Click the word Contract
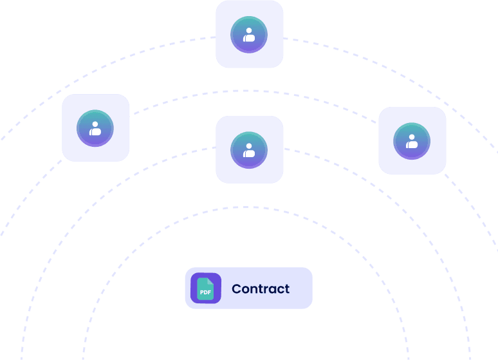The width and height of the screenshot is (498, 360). [261, 289]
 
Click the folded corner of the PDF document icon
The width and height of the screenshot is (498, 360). [211, 281]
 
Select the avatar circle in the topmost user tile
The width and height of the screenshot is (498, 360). [249, 34]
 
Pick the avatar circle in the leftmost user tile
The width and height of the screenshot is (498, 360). [95, 128]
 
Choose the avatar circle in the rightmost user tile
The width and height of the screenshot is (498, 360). [412, 140]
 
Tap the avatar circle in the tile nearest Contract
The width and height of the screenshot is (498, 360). [249, 150]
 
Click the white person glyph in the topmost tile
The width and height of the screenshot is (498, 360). [249, 35]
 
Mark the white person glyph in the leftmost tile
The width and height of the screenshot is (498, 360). [95, 128]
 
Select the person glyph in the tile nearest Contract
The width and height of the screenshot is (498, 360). [249, 151]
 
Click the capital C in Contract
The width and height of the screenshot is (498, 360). [236, 289]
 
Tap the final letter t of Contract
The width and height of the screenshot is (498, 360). [287, 289]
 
